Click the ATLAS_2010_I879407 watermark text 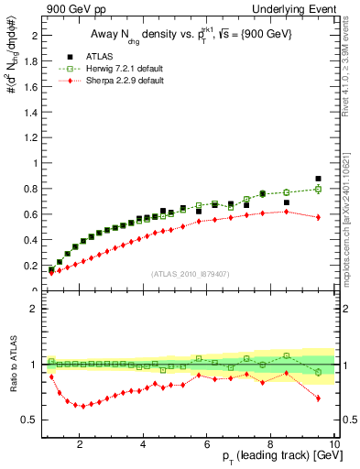point(189,274)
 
